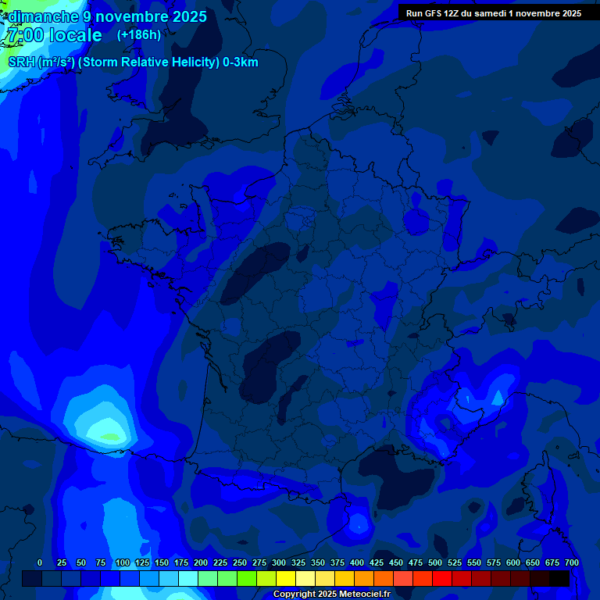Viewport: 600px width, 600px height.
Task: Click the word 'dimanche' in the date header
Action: point(43,16)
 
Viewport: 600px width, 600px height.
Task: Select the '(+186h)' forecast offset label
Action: point(138,35)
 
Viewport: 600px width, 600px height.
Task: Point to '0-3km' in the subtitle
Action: point(241,62)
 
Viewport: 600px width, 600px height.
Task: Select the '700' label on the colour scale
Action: point(571,562)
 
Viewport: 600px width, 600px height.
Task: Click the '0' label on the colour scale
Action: point(40,562)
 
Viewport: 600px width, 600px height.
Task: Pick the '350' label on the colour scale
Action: point(317,562)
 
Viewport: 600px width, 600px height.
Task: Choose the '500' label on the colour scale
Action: point(434,562)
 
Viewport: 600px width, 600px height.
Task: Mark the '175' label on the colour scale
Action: point(181,562)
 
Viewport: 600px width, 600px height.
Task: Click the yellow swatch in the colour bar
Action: point(286,579)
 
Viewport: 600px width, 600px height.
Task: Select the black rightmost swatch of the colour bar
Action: point(559,579)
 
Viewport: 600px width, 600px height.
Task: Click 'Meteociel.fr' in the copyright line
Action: point(365,595)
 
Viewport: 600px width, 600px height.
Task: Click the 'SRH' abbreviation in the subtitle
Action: point(21,62)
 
